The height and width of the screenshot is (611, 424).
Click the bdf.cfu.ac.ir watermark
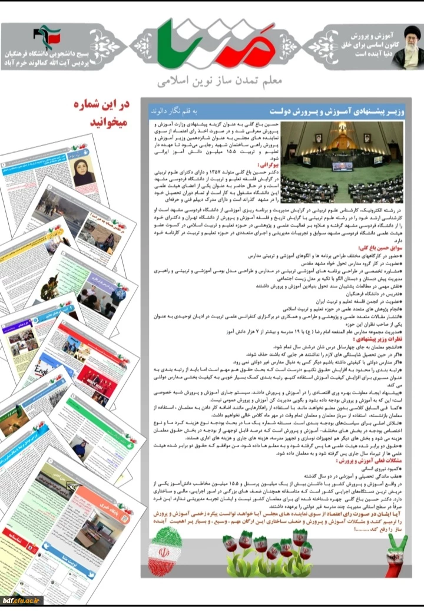click(x=22, y=600)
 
